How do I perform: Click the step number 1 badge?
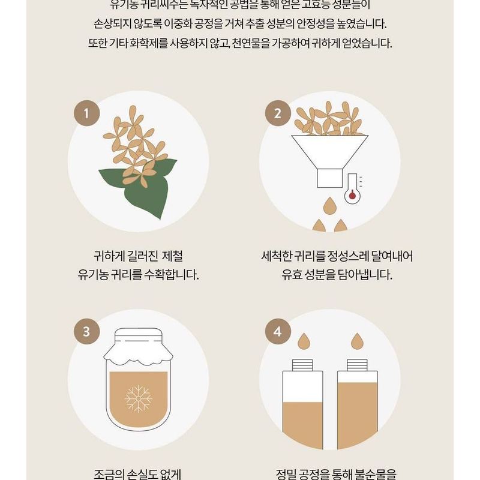86,113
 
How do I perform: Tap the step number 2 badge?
278,113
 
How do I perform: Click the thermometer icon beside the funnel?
352,188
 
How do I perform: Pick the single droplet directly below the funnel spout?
329,205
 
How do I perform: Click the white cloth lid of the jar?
138,349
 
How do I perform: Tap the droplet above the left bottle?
303,340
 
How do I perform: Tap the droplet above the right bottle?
357,340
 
